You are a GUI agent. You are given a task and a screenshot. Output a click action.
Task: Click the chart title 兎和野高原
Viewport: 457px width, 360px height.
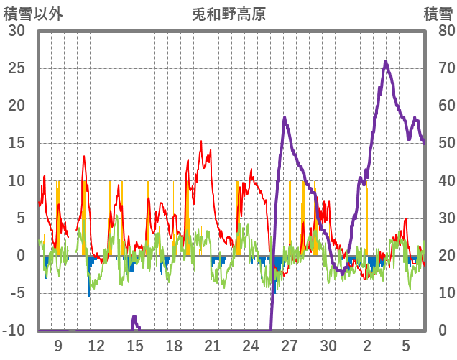tap(229, 14)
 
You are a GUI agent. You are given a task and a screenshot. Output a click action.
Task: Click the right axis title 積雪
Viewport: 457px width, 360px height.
tap(438, 14)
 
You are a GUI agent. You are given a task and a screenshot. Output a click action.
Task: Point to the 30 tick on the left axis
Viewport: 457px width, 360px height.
tap(17, 32)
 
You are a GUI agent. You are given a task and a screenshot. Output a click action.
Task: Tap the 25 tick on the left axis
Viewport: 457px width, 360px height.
tap(17, 69)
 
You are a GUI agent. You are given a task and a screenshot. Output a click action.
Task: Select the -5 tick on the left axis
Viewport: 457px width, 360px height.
tap(17, 293)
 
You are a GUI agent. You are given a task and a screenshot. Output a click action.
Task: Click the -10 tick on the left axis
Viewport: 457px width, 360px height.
tap(14, 331)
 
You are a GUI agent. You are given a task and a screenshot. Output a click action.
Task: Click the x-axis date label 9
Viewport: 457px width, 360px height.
tap(57, 346)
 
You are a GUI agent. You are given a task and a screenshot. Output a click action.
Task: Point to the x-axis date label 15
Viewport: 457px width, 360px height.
tap(135, 346)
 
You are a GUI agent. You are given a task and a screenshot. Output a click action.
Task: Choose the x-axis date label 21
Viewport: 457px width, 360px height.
tap(212, 346)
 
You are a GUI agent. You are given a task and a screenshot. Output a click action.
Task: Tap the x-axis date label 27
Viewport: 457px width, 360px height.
tap(290, 346)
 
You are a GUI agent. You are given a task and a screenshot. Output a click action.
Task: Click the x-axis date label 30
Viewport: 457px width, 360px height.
tap(328, 346)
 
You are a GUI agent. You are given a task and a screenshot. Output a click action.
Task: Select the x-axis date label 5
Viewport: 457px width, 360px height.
tap(405, 346)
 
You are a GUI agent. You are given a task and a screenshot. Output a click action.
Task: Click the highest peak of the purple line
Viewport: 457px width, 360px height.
tap(386, 62)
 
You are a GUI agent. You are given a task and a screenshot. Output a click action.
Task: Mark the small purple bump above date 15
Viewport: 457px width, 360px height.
tap(134, 317)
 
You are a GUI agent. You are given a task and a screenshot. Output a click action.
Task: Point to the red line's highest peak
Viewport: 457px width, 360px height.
tap(201, 142)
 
